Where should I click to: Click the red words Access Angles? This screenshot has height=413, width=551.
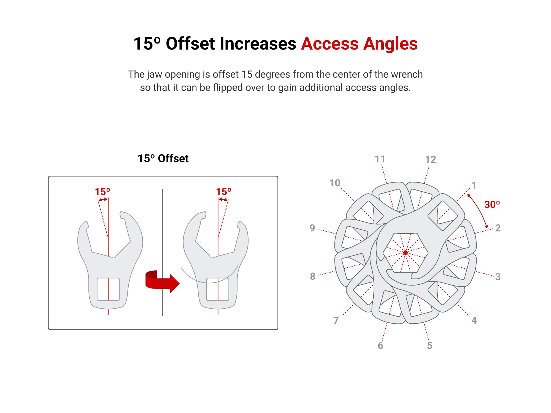point(359,44)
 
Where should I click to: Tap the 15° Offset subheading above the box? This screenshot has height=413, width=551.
point(163,159)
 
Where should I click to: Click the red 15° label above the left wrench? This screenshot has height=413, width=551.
point(102,192)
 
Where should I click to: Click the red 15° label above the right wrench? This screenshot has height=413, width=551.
point(223,192)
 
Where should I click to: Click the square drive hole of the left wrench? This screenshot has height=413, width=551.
point(108,289)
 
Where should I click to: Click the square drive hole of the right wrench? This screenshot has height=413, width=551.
point(218,289)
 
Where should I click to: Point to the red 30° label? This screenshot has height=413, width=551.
point(492,205)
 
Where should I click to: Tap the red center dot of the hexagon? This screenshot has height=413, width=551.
point(405,252)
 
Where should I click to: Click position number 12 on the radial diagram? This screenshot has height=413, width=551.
point(430,159)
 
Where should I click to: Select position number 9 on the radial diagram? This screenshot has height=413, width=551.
point(312,228)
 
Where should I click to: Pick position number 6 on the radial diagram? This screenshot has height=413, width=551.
point(380,346)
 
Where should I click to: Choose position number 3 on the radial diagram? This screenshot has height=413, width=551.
point(498,277)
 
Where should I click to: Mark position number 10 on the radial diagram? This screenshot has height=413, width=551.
point(335,183)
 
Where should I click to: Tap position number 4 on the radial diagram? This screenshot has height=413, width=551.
point(474,320)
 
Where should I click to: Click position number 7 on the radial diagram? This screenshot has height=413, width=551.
point(336,320)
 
